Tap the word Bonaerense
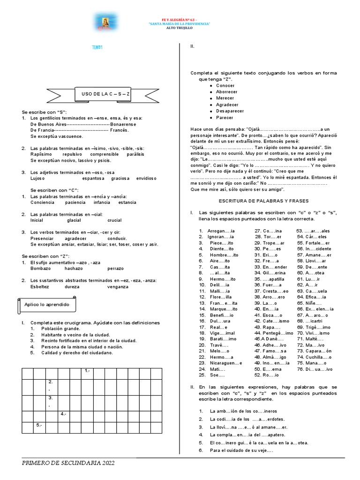pyautogui.click(x=123, y=124)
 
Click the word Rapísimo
pyautogui.click(x=40, y=154)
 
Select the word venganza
pyautogui.click(x=117, y=287)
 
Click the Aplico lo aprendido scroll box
pyautogui.click(x=46, y=305)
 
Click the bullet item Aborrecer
pyautogui.click(x=226, y=92)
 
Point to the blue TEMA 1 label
pyautogui.click(x=97, y=47)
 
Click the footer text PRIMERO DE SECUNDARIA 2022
pyautogui.click(x=68, y=463)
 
